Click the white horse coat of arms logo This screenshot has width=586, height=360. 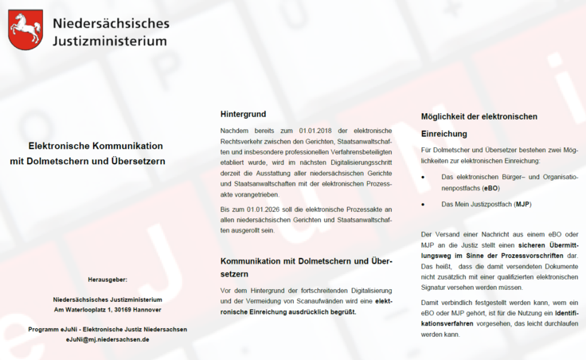pos(25,29)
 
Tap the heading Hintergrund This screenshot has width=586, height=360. pos(243,114)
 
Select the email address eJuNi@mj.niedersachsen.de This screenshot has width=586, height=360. pos(107,339)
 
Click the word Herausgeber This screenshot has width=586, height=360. pos(107,280)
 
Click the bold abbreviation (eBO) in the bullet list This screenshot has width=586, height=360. pos(490,187)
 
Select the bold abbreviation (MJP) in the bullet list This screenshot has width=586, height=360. pos(522,204)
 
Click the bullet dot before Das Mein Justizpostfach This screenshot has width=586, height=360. pos(424,205)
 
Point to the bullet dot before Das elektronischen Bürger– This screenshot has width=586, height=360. pos(424,176)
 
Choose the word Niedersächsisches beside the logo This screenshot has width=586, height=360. pos(111,22)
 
